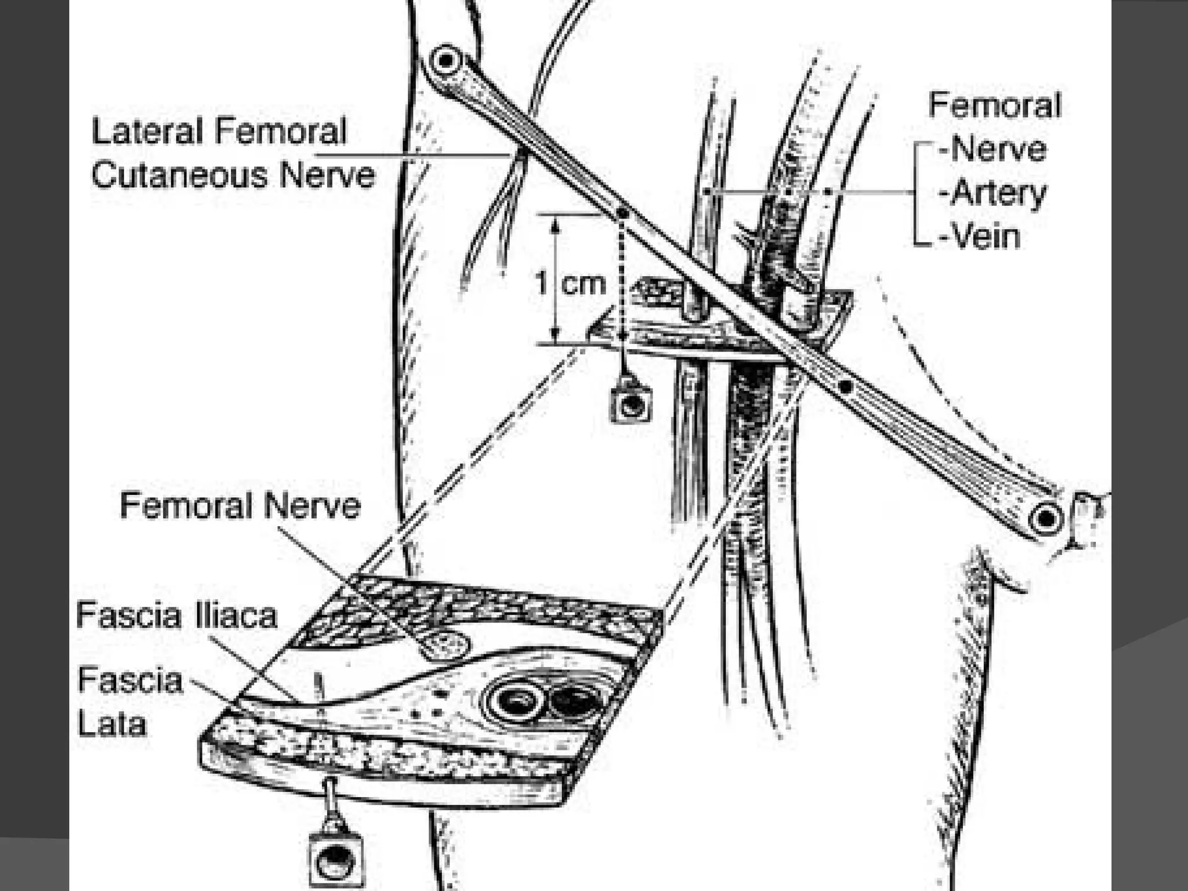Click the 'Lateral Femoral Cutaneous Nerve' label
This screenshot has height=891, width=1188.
tap(232, 153)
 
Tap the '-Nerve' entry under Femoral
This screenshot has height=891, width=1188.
tap(993, 149)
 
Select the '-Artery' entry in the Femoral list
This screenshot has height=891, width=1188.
tap(992, 193)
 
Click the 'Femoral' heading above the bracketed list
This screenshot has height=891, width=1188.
tap(994, 106)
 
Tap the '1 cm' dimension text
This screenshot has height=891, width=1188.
tap(570, 284)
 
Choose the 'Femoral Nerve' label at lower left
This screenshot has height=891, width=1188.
tap(240, 505)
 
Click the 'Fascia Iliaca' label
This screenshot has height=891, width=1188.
tap(177, 615)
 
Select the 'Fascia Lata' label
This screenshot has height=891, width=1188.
tap(129, 702)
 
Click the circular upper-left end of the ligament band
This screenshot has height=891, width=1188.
tap(445, 60)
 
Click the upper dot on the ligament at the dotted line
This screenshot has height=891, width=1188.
tap(622, 213)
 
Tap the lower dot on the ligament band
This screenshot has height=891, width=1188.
tap(845, 386)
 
